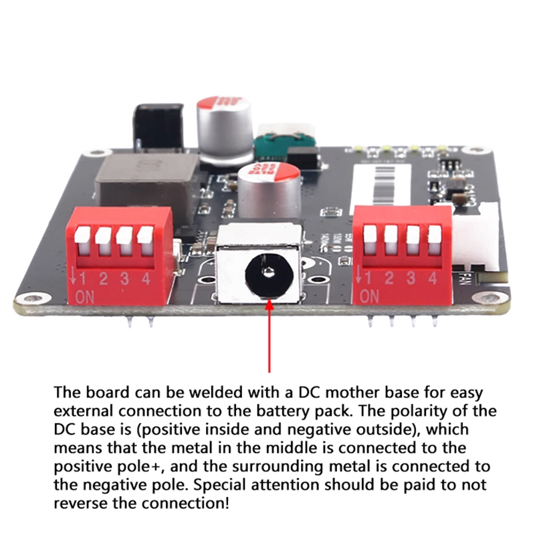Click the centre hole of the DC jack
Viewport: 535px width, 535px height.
(x=267, y=272)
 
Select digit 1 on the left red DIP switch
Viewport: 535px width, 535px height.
(x=84, y=278)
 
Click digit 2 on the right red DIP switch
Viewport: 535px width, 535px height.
(x=389, y=278)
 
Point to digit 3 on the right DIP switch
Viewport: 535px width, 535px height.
(x=411, y=278)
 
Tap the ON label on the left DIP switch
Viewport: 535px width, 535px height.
(x=86, y=296)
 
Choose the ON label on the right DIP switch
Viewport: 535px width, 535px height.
(x=369, y=295)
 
